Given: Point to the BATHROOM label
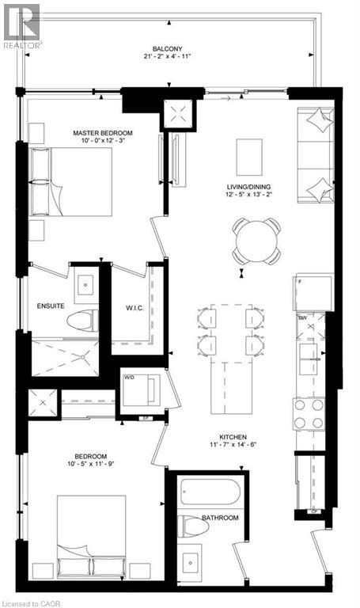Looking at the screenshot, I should pos(219,518).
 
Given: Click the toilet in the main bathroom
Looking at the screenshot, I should pos(191,526).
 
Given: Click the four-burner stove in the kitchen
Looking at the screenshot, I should pos(309,412).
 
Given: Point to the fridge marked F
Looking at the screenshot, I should pos(309,291).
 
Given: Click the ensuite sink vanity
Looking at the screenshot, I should pos(84,283).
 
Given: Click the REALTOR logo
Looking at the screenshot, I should pos(21,25).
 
